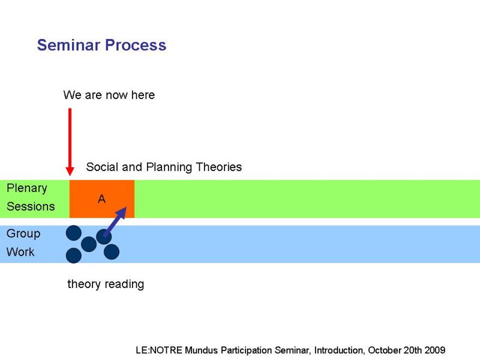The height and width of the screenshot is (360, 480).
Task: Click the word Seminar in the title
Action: point(68,45)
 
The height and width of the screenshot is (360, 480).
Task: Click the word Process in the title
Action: point(136,45)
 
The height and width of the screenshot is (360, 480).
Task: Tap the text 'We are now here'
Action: point(109,95)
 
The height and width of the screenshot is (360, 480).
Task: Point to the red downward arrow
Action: point(70,142)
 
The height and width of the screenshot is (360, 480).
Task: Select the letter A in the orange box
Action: point(101,199)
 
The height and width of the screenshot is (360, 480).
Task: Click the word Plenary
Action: point(27,188)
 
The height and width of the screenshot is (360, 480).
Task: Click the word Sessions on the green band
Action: point(31,206)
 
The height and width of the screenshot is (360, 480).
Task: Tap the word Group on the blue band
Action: point(23,234)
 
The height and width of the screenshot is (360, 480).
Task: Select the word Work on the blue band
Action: point(20,251)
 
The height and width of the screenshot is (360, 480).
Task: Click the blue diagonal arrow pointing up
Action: point(115,221)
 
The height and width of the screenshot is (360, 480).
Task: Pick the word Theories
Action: point(218,167)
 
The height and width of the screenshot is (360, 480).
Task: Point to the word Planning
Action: point(169,167)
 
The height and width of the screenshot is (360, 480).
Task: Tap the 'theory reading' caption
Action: point(106,284)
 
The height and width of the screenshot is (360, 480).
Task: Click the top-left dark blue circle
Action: point(74,233)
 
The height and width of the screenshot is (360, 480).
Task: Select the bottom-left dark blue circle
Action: point(74,256)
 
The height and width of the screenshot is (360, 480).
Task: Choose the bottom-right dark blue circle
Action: point(112,252)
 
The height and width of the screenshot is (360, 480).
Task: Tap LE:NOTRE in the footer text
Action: point(159,350)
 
